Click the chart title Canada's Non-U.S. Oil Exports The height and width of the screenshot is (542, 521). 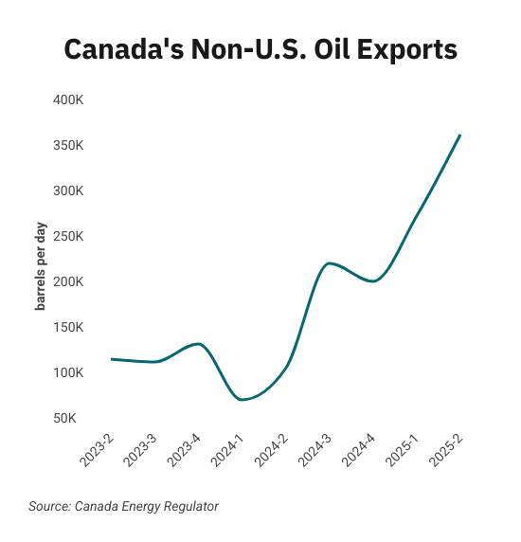coord(260,50)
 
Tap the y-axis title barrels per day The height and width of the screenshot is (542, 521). coord(42,271)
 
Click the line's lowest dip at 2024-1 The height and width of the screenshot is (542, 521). coord(243,400)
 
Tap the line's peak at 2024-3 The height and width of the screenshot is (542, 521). coord(330,263)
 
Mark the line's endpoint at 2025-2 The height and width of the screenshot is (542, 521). coord(460,135)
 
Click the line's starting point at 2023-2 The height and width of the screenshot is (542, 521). coord(112,359)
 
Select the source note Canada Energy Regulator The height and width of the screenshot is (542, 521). coord(123,507)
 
